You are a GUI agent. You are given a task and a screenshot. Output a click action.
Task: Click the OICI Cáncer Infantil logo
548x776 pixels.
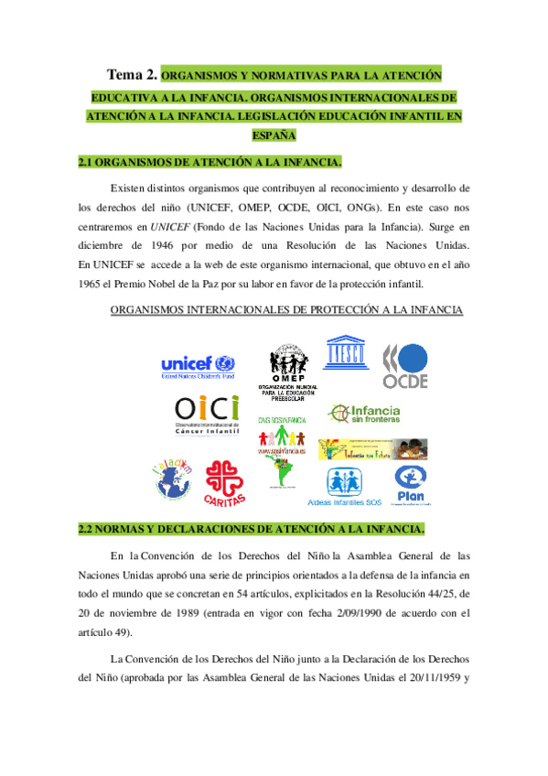[206, 415]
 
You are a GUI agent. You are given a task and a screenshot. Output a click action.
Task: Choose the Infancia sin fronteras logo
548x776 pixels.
[364, 415]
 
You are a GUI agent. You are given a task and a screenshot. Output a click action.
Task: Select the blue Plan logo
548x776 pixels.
[412, 485]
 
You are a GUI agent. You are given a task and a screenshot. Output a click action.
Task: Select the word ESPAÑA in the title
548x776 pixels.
[274, 135]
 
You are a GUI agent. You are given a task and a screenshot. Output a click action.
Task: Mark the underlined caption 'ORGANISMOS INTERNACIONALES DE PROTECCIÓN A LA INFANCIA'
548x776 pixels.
[286, 310]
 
